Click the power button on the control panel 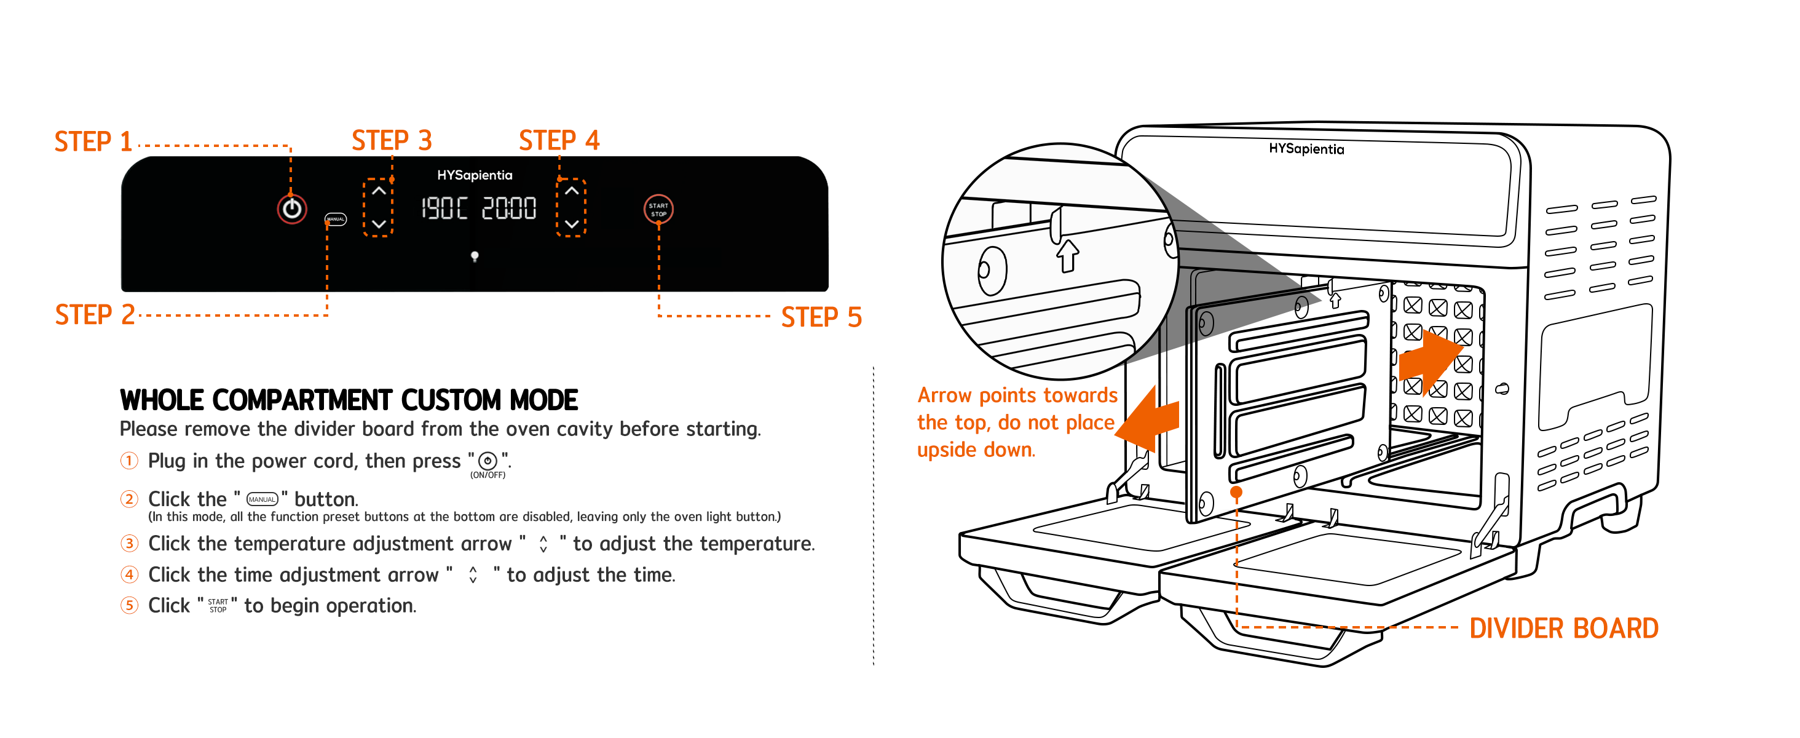[x=291, y=208]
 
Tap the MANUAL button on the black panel [x=336, y=219]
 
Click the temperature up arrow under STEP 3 [x=379, y=190]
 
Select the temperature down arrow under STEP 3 [x=379, y=224]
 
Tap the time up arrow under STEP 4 [x=572, y=190]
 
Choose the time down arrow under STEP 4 [x=572, y=224]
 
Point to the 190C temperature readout [x=444, y=208]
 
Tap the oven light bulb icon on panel [x=475, y=256]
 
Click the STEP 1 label [x=93, y=142]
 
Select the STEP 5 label [x=821, y=317]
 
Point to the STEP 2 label [x=94, y=315]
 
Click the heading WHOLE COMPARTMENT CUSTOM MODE [x=349, y=400]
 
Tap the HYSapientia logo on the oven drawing [x=1306, y=149]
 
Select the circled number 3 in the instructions [x=129, y=543]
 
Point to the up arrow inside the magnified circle [x=1067, y=256]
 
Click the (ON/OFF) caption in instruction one [x=487, y=475]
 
